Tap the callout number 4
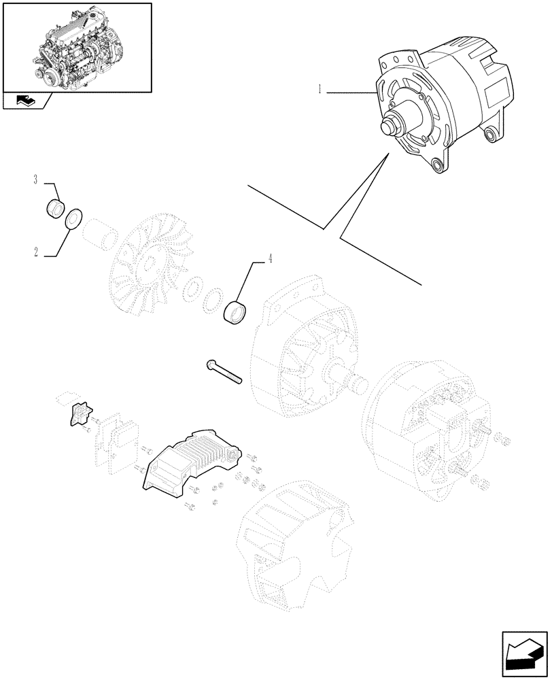tap(270, 258)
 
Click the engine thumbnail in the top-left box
tap(77, 46)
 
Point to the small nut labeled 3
tap(54, 207)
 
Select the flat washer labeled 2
tap(73, 218)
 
